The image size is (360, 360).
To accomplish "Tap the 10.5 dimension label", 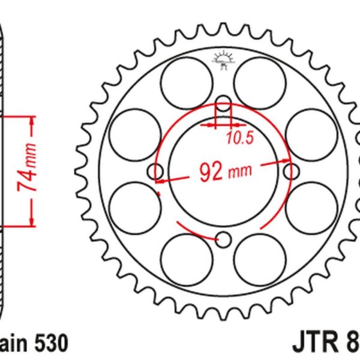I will point(239,138).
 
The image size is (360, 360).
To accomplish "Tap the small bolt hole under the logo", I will point(223,106).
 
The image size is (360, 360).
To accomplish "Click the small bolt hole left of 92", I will point(157,173).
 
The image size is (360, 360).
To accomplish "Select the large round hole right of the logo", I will point(259,82).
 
